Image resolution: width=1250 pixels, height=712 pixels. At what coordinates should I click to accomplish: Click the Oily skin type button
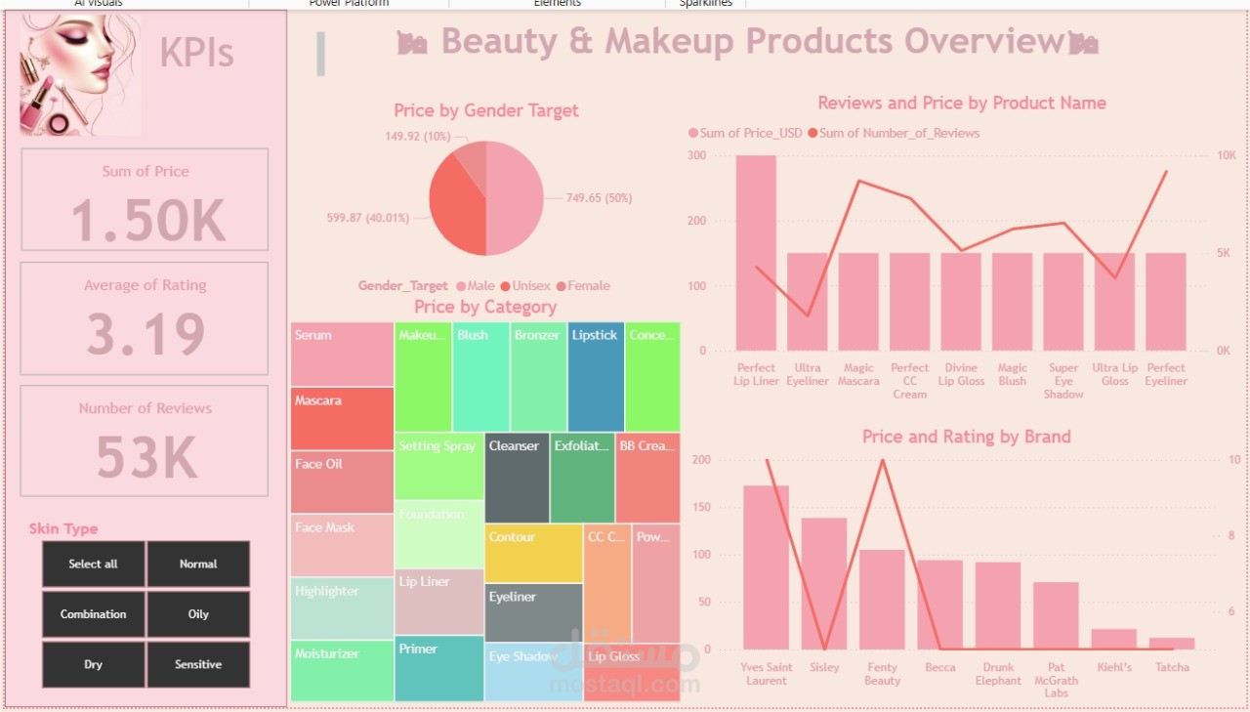coord(198,614)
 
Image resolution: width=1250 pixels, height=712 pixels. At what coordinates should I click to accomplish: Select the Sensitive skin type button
coord(198,664)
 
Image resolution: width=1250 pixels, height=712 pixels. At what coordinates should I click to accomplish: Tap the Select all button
coord(93,564)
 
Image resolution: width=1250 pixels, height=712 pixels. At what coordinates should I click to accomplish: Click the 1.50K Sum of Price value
coord(147,221)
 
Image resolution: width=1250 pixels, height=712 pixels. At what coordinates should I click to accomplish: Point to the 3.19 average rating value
coord(146,334)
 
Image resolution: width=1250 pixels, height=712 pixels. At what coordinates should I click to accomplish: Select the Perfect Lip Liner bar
coord(756,253)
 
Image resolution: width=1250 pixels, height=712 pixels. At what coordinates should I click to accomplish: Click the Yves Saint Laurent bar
coord(766,567)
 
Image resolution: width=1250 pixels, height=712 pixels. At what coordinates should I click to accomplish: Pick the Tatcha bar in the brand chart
coord(1172,644)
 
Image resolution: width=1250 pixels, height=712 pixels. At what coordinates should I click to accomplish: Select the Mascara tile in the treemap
coord(342,419)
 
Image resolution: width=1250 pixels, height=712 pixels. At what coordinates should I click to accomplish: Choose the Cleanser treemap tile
coord(517,478)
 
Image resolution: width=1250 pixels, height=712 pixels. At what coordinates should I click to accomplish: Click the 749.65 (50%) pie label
coord(600,198)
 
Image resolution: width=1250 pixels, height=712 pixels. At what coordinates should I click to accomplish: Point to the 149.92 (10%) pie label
coord(418,137)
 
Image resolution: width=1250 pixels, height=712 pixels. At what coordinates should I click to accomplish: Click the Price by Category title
coord(485,307)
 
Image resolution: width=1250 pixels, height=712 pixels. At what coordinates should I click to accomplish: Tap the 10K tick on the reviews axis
coord(1227,155)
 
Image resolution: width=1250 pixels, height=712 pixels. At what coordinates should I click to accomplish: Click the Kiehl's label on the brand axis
coord(1114,667)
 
